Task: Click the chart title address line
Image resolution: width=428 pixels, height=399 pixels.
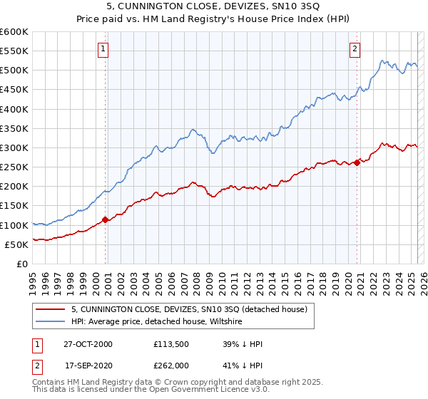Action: coord(213,6)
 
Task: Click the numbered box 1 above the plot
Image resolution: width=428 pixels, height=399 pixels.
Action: coord(103,49)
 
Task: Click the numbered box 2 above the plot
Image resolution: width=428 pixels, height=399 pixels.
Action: coord(355,49)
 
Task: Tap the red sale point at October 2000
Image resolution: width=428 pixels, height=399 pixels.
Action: coord(106,219)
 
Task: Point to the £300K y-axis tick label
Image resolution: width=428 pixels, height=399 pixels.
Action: coord(14,147)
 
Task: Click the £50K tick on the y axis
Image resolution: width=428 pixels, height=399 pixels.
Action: coord(17,244)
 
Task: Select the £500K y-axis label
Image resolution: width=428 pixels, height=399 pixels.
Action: coord(14,71)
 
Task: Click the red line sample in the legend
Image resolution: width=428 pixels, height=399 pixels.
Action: coord(50,309)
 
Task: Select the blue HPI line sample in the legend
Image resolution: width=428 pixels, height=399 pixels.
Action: coord(50,322)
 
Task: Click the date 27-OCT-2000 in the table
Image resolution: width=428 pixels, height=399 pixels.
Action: coord(88,344)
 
